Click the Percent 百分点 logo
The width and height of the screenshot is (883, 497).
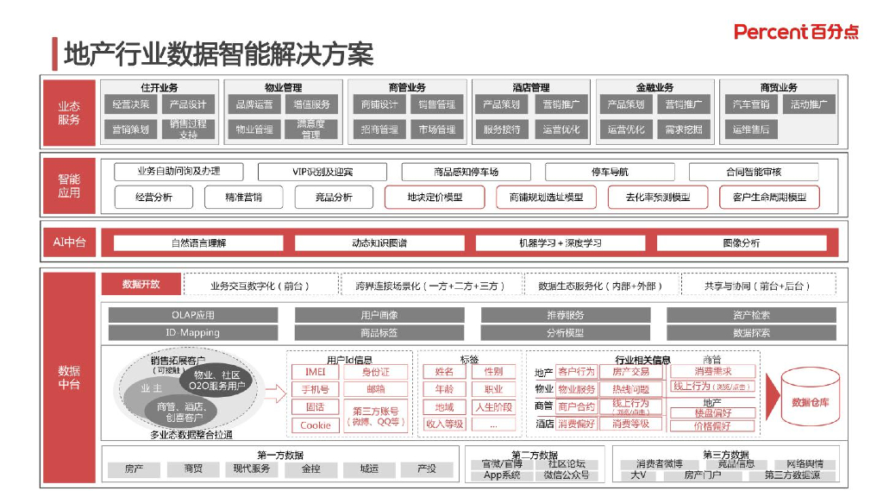pyautogui.click(x=796, y=32)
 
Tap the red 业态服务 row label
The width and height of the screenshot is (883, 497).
pyautogui.click(x=69, y=113)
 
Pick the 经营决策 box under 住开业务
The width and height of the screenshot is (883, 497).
pyautogui.click(x=131, y=105)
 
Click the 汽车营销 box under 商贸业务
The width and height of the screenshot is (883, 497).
pyautogui.click(x=750, y=105)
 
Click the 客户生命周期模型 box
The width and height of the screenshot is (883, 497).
pyautogui.click(x=769, y=198)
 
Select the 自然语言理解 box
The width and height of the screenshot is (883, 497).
pyautogui.click(x=198, y=243)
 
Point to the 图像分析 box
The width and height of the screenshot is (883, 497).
pyautogui.click(x=742, y=243)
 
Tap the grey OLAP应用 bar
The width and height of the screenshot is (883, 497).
pyautogui.click(x=193, y=315)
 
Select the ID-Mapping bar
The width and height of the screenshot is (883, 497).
pyautogui.click(x=193, y=332)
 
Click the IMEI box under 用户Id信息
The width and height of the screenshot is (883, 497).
pyautogui.click(x=315, y=372)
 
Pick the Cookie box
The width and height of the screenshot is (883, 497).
pyautogui.click(x=315, y=425)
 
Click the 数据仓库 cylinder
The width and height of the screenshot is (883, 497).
pyautogui.click(x=811, y=400)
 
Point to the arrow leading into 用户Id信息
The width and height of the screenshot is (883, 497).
pyautogui.click(x=275, y=395)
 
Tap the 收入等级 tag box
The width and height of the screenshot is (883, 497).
pyautogui.click(x=444, y=424)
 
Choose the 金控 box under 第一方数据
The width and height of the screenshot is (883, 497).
pyautogui.click(x=310, y=469)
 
